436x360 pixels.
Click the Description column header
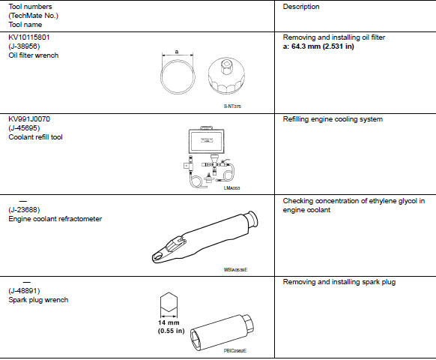click(301, 7)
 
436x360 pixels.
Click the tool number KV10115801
click(31, 36)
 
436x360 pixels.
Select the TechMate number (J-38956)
click(27, 45)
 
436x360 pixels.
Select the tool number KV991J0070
click(31, 118)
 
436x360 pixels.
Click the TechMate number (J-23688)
click(27, 210)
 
